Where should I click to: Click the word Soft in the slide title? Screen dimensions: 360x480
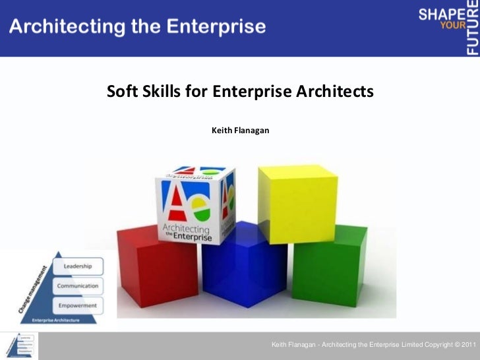(x=121, y=91)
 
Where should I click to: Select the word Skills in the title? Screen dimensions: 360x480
(x=160, y=91)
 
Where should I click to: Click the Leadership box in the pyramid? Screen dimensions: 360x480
(x=82, y=266)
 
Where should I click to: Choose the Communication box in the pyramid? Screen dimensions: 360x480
(x=77, y=286)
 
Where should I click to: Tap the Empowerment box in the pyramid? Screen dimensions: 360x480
(x=77, y=305)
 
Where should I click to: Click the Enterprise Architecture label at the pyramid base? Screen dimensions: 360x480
(x=56, y=320)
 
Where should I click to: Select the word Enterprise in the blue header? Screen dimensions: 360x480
(x=215, y=27)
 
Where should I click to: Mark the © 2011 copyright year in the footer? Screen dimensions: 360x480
(x=464, y=345)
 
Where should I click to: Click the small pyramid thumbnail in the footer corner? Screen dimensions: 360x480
(x=19, y=345)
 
